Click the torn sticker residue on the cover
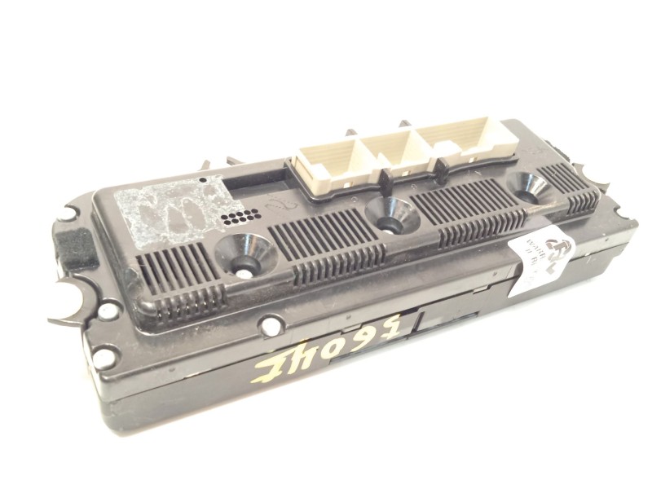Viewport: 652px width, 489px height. click(x=171, y=205)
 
